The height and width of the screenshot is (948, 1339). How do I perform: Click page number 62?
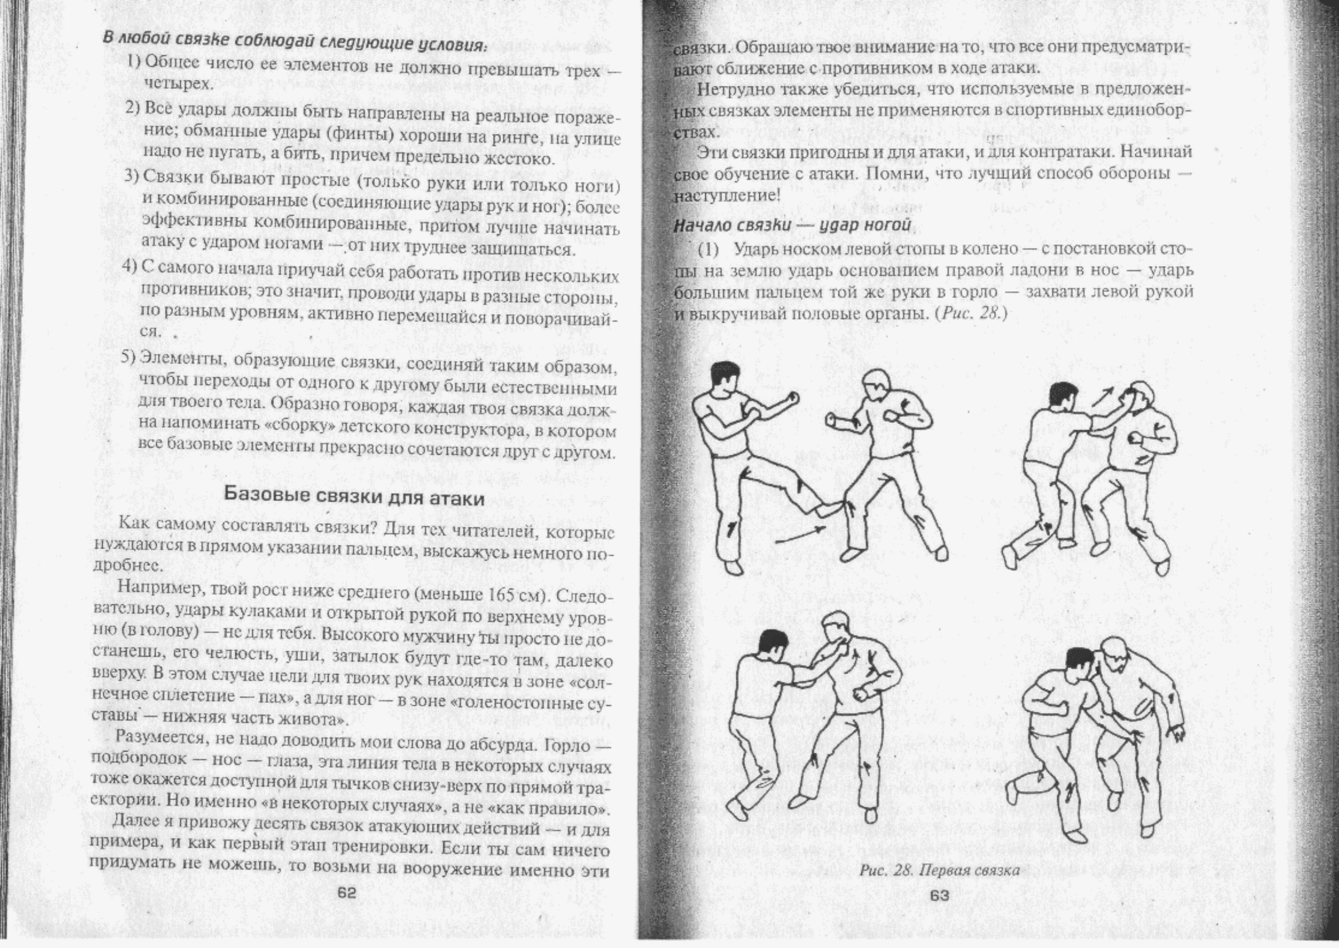coord(346,893)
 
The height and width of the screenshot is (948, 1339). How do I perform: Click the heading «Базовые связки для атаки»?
coord(355,497)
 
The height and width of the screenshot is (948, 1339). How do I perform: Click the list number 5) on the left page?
coord(129,357)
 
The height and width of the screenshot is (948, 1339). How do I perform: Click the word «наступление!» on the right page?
coord(726,195)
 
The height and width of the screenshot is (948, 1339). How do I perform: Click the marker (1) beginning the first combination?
coord(708,249)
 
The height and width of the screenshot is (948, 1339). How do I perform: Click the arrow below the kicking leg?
coord(799,534)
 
